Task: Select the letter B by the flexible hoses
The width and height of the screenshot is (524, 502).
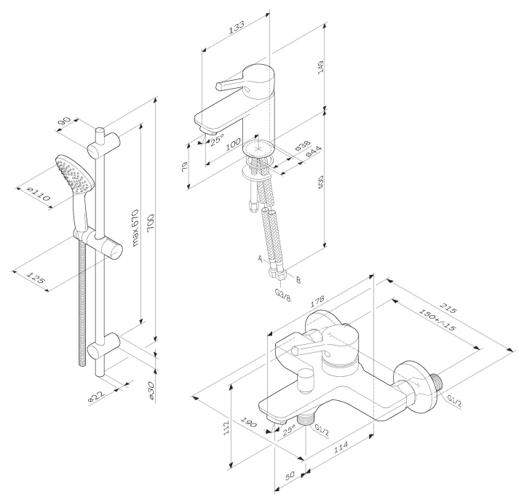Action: click(x=298, y=276)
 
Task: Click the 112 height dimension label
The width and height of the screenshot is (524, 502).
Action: click(x=226, y=429)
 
